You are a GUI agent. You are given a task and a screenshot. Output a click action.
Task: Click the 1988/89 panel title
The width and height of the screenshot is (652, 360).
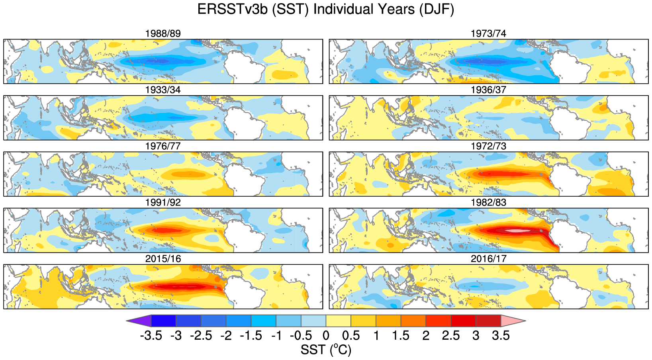pos(163,33)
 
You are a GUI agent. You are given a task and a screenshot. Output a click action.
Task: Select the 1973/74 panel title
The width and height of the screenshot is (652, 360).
pos(488,33)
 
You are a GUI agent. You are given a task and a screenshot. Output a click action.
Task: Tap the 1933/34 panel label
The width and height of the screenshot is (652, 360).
pos(163,90)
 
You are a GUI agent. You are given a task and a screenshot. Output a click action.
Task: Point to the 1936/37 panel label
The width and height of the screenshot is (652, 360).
pos(488,90)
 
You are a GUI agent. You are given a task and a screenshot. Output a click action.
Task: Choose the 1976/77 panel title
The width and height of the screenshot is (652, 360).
pos(163,146)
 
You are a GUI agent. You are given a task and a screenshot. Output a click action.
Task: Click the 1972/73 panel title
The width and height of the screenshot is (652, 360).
pos(488,146)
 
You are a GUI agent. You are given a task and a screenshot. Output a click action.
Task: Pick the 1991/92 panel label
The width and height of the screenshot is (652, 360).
pos(163,203)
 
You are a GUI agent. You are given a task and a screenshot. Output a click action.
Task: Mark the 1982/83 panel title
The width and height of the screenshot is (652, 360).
pos(488,203)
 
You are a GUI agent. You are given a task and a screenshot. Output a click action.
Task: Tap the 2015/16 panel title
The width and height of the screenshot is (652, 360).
pos(163,259)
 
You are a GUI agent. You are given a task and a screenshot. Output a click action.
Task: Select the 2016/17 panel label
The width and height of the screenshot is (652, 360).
pos(488,259)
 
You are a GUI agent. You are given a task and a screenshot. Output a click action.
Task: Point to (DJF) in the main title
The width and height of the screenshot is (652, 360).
pos(437,9)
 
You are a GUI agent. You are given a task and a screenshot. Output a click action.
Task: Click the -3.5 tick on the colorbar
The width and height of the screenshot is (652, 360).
pos(151,336)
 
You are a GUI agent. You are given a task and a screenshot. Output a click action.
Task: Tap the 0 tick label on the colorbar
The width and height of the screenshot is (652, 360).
pos(326,336)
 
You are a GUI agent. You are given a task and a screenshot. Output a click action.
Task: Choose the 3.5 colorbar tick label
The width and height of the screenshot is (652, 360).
pos(501,336)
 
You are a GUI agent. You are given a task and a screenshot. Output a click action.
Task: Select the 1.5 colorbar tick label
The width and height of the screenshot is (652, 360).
pos(401,336)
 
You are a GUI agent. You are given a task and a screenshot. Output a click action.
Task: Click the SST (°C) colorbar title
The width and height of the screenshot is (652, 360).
pos(326,350)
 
